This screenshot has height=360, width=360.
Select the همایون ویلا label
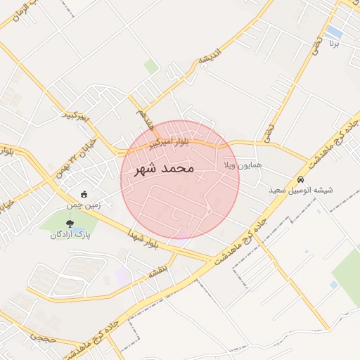tap(242, 165)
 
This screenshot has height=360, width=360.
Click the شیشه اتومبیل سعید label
tap(301, 191)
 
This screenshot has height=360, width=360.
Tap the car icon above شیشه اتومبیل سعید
tap(301, 179)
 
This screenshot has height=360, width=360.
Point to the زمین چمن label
tap(84, 206)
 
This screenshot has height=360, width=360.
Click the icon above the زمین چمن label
tap(84, 195)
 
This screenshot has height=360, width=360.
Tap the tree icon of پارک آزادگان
tap(69, 224)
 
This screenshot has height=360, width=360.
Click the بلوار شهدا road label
tap(145, 238)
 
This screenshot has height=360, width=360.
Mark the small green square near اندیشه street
tap(150, 67)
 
